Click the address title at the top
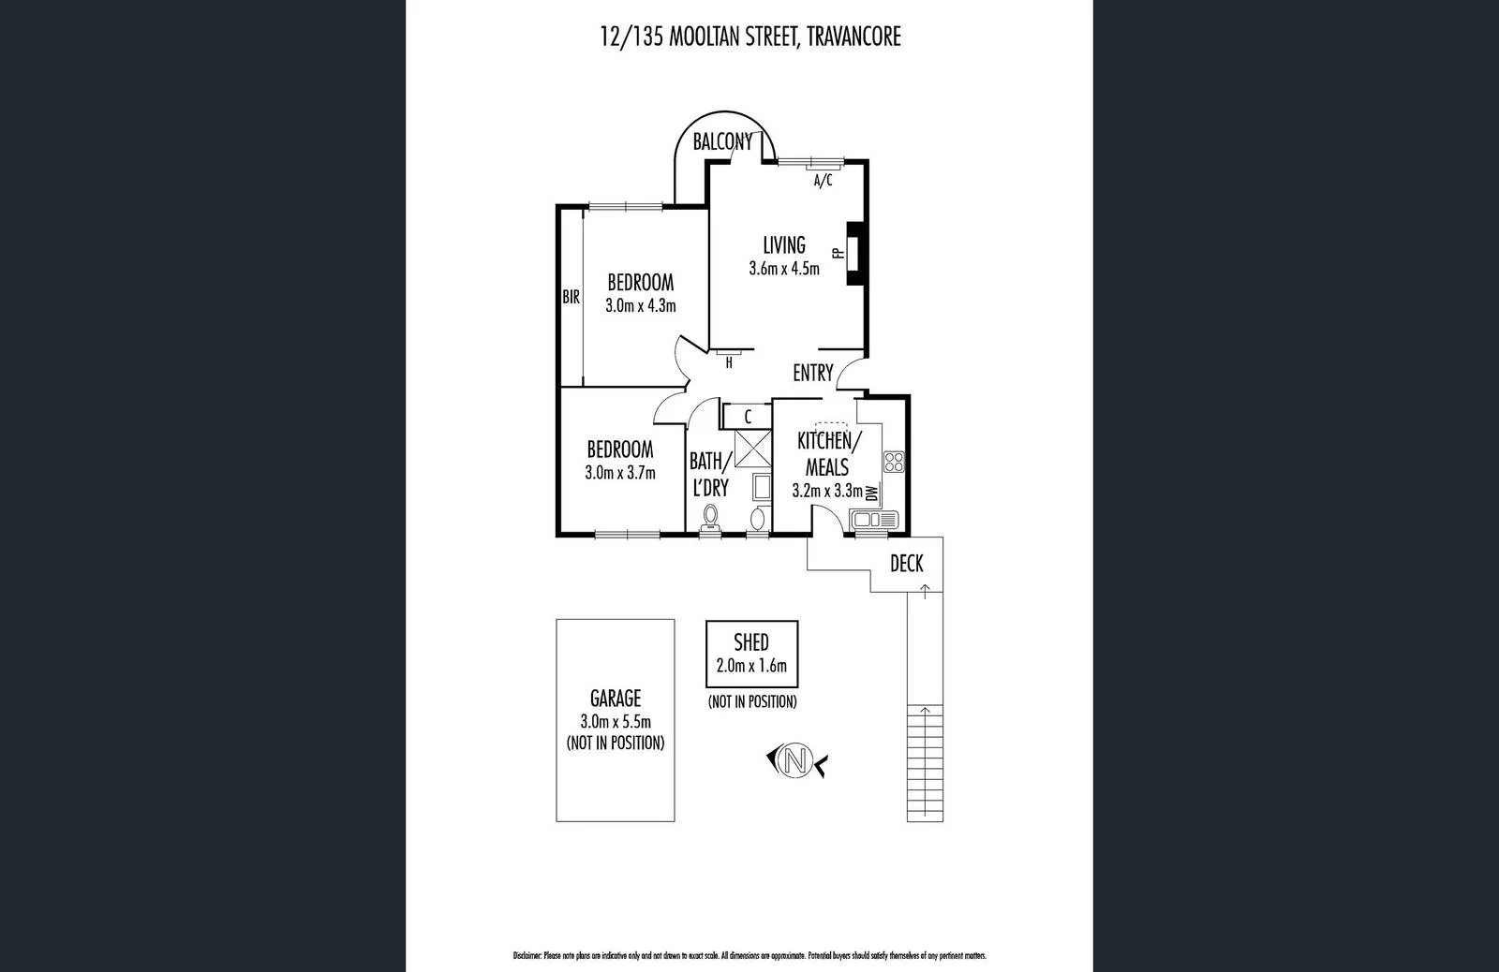coord(749,37)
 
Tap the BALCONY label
coord(722,142)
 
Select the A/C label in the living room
coord(823,181)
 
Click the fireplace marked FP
coord(853,253)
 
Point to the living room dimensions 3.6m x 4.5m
coord(784,269)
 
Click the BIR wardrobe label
coord(571,298)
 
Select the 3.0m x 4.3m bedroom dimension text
coord(641,305)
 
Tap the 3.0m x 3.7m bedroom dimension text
coord(620,473)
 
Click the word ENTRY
coord(812,373)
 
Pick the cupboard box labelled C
coord(748,416)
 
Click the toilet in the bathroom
coord(711,516)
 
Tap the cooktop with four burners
coord(894,461)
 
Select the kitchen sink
coord(873,519)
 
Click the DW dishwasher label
coord(872,493)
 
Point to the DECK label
coord(906,563)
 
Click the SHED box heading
coord(751,642)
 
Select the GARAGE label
coord(616,698)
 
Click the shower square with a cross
coord(751,449)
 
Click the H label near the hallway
coord(729,363)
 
